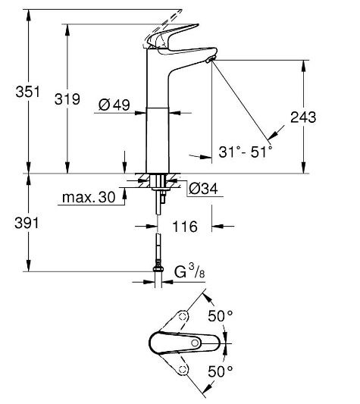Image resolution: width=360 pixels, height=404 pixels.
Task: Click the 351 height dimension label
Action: pyautogui.click(x=28, y=92)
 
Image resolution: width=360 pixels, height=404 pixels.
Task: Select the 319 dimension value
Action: pyautogui.click(x=67, y=99)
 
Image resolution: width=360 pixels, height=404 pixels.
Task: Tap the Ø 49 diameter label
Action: pyautogui.click(x=114, y=105)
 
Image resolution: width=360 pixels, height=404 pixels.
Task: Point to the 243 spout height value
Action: pyautogui.click(x=303, y=117)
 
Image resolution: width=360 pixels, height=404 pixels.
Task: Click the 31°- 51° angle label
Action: pyautogui.click(x=246, y=152)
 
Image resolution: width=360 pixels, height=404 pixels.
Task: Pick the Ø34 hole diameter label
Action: pyautogui.click(x=203, y=189)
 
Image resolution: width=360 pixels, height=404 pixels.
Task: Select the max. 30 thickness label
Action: pyautogui.click(x=89, y=197)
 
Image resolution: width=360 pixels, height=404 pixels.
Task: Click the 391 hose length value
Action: pyautogui.click(x=27, y=223)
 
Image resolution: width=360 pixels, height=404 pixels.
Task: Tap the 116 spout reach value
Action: pyautogui.click(x=185, y=227)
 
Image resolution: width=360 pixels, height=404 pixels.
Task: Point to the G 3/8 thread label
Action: pyautogui.click(x=189, y=271)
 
